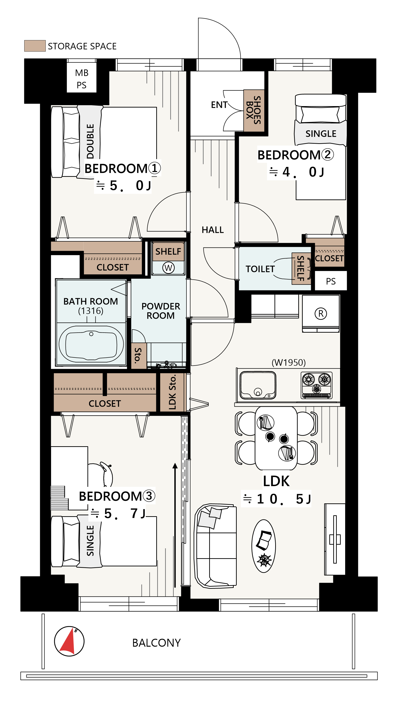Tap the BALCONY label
tap(156, 643)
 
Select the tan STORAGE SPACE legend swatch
tap(35, 46)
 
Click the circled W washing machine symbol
tap(168, 268)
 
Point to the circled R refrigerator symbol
tap(321, 313)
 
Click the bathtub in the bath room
tap(91, 344)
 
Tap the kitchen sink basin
tap(257, 385)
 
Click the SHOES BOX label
tap(253, 110)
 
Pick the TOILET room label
tap(260, 269)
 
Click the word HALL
tap(213, 230)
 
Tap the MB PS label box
tap(81, 79)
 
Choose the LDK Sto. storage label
tap(172, 392)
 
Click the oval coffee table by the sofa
tap(264, 546)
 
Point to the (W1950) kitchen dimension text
tap(288, 362)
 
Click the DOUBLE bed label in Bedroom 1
tap(90, 141)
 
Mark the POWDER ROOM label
tap(161, 311)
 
